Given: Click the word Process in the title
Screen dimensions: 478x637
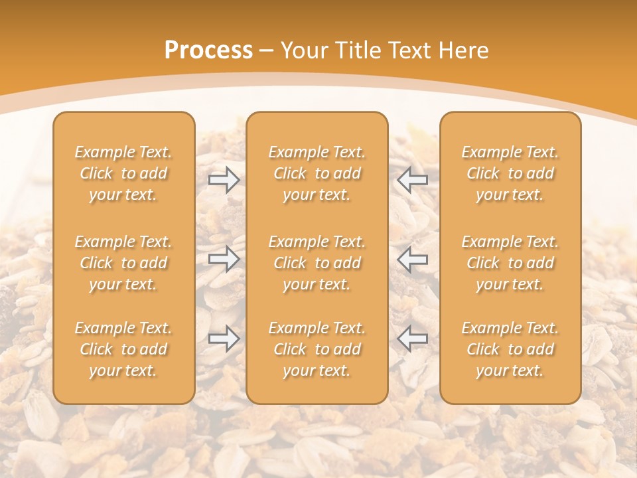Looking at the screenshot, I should pyautogui.click(x=208, y=50).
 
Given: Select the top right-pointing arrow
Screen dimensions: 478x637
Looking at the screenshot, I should pyautogui.click(x=224, y=179).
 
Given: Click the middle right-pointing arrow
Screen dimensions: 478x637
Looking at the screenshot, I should pyautogui.click(x=224, y=259).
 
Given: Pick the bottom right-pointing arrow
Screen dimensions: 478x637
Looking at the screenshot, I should pyautogui.click(x=224, y=339).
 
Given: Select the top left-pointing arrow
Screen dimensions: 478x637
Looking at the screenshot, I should pyautogui.click(x=413, y=179).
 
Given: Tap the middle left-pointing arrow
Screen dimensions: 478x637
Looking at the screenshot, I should pyautogui.click(x=413, y=259).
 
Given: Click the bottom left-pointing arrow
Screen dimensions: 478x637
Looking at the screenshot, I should pyautogui.click(x=413, y=339).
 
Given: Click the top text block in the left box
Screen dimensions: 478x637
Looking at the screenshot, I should pyautogui.click(x=123, y=173).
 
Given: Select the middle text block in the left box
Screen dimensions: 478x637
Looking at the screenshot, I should pyautogui.click(x=123, y=263).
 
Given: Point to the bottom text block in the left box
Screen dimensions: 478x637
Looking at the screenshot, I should pyautogui.click(x=123, y=349).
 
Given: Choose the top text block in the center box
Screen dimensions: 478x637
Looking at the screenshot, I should pyautogui.click(x=317, y=173).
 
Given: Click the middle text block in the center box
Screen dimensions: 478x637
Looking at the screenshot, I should pyautogui.click(x=317, y=263).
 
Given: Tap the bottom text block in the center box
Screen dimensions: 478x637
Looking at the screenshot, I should pyautogui.click(x=317, y=349).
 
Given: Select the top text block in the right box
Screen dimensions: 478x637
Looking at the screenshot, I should pyautogui.click(x=510, y=173).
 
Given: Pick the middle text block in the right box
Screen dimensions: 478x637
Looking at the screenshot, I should pyautogui.click(x=510, y=263).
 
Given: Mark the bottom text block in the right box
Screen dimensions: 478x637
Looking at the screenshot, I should pyautogui.click(x=510, y=349).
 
